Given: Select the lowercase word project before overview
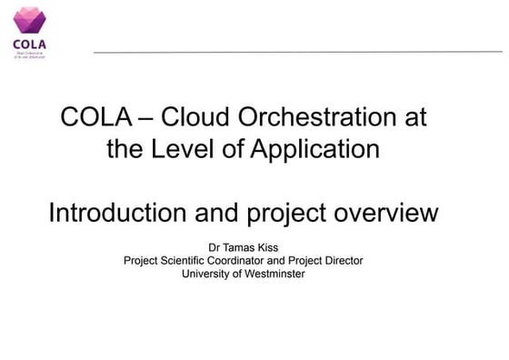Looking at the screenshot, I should click(x=288, y=215).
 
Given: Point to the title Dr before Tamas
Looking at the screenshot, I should click(x=215, y=246).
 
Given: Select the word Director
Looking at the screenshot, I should click(x=343, y=260).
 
